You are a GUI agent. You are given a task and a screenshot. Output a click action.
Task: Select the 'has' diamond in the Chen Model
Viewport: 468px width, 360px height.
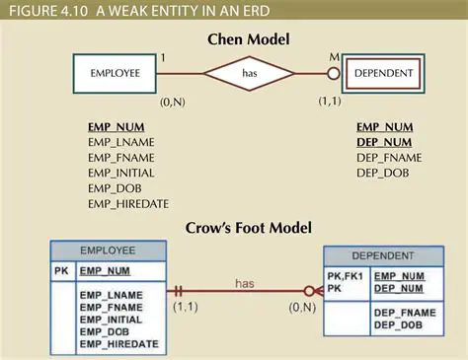[249, 74]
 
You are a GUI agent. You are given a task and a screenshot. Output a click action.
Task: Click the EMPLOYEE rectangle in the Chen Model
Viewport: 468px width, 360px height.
[115, 74]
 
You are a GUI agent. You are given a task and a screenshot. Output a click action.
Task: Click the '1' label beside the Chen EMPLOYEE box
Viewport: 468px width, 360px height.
[163, 58]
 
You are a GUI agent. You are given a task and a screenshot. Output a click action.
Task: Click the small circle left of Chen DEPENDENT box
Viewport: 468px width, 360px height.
[334, 74]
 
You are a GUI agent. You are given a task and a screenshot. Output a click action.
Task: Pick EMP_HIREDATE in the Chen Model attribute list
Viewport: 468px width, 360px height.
[128, 203]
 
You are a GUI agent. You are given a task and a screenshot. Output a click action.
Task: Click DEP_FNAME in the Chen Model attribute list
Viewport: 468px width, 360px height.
[388, 158]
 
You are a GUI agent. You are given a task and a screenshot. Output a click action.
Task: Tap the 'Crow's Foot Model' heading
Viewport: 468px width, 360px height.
[248, 229]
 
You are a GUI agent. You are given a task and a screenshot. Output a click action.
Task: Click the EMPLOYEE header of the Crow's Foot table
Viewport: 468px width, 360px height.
[108, 252]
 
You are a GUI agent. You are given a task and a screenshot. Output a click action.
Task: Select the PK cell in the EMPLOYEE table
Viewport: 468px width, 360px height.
[61, 270]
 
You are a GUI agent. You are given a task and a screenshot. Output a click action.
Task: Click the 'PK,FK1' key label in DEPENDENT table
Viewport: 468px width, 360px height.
[347, 276]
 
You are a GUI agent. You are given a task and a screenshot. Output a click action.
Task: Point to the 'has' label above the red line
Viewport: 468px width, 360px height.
[245, 283]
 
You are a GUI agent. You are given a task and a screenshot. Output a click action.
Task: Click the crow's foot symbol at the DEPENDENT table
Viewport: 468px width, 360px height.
[313, 292]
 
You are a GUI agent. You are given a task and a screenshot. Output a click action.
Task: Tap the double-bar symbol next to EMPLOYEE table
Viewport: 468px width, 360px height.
[180, 292]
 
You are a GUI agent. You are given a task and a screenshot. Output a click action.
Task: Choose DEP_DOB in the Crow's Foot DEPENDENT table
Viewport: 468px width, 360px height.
[398, 325]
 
